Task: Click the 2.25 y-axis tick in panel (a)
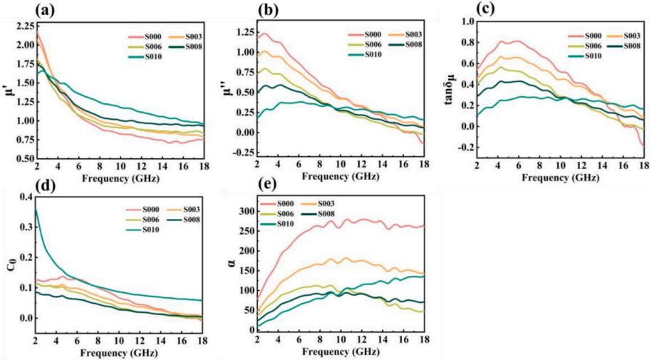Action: (21, 26)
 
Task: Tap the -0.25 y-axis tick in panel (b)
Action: (247, 153)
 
